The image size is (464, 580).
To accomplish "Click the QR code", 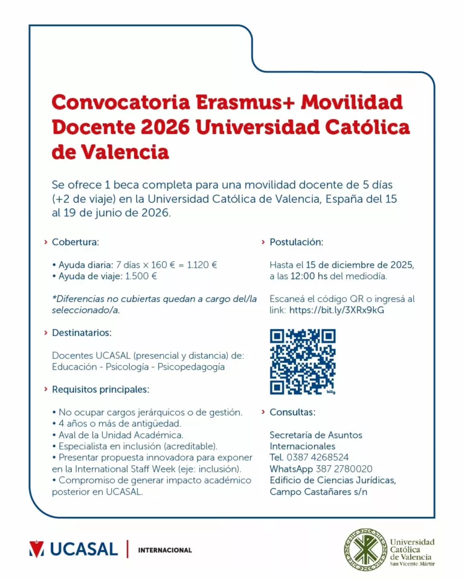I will click(x=302, y=361).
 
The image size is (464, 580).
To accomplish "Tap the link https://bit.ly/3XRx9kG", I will click(x=337, y=310).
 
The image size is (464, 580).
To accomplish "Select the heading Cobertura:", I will click(x=75, y=242).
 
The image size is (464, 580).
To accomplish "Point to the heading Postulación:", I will click(x=296, y=242).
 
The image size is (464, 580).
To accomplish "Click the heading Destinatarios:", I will click(x=82, y=332).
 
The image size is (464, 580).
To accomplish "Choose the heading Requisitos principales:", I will click(x=100, y=389).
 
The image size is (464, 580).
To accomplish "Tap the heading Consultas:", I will click(x=292, y=412).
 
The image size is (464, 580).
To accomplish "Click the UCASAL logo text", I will click(x=84, y=549).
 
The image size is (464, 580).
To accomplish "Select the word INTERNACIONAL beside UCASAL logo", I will click(x=165, y=550).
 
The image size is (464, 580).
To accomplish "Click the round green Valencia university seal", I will click(x=364, y=549).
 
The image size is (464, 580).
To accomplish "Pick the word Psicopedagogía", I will click(x=190, y=367).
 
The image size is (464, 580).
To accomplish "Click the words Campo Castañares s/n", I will click(x=318, y=492).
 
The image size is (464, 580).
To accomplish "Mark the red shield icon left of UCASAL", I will click(x=36, y=549).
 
